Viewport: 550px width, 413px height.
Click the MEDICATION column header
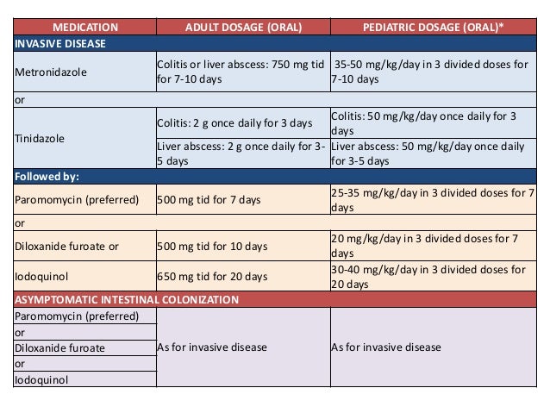point(84,27)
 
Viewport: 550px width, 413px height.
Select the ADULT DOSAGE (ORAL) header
point(242,27)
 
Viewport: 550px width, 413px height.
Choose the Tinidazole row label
point(39,138)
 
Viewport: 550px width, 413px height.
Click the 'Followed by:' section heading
point(47,177)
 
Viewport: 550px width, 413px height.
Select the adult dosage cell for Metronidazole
point(241,72)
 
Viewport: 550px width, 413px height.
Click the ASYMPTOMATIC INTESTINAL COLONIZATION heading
point(127,300)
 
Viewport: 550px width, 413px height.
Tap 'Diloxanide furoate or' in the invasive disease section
point(66,246)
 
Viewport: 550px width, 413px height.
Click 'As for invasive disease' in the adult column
point(213,347)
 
